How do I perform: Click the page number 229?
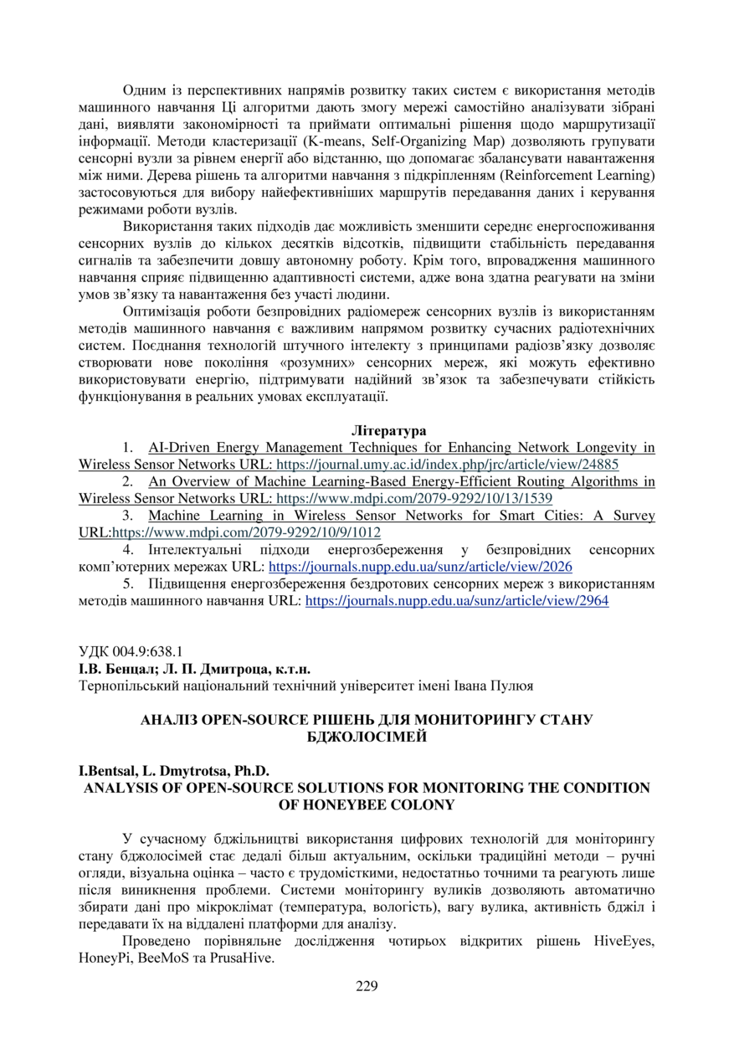[367, 985]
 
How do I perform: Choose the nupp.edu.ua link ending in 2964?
[457, 600]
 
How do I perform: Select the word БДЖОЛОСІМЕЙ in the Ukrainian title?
[367, 737]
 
